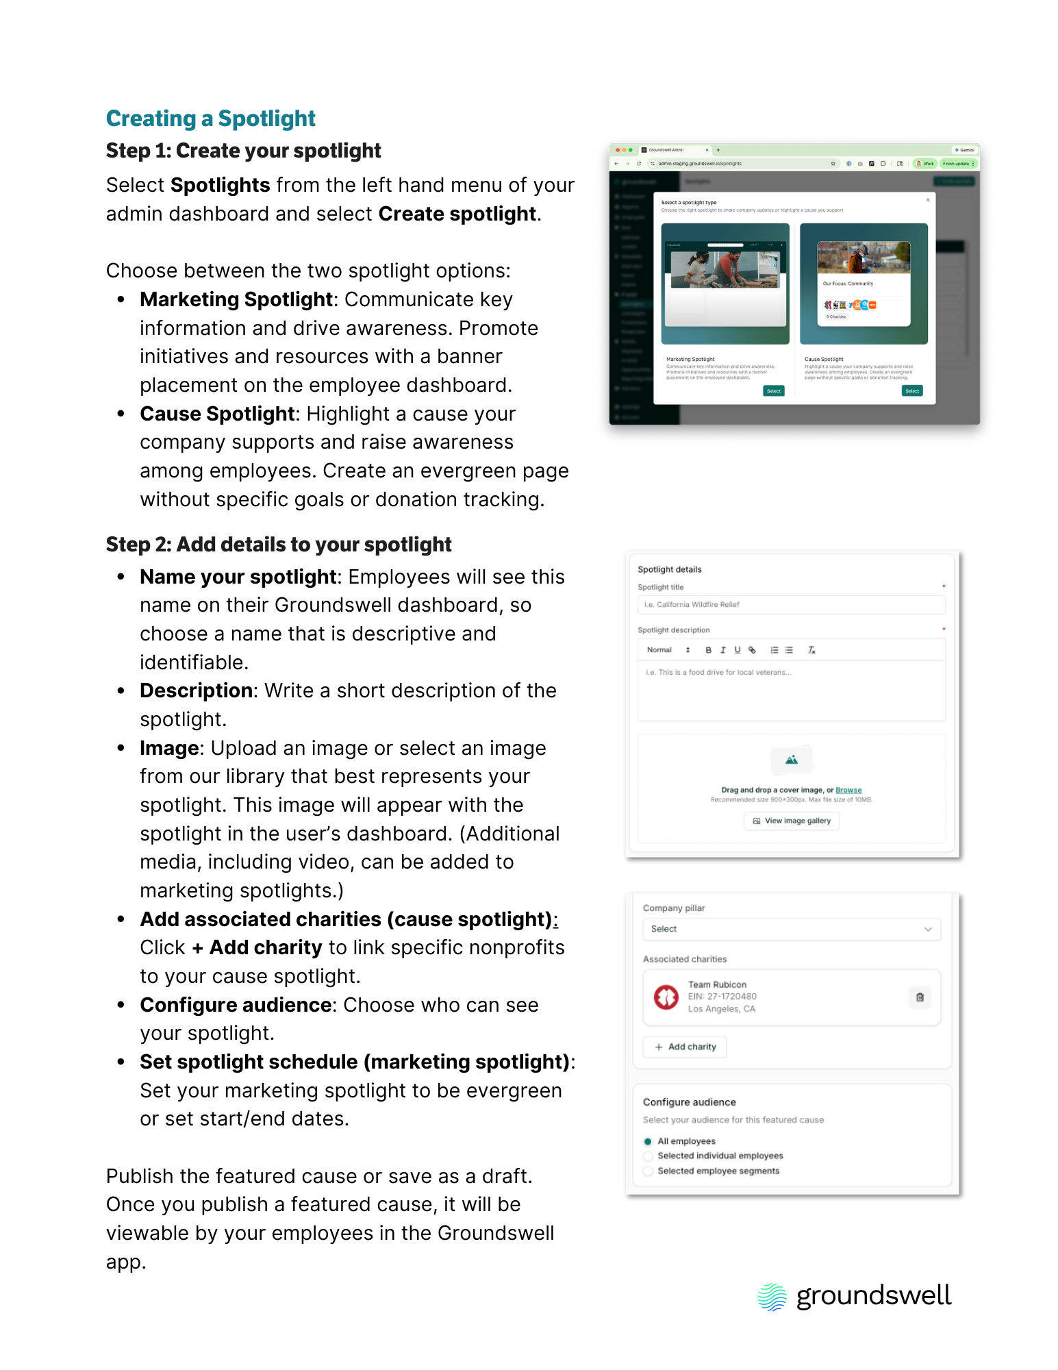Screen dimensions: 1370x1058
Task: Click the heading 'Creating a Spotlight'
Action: (210, 119)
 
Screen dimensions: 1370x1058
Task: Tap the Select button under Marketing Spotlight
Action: (773, 391)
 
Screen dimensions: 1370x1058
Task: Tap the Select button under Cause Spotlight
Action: (912, 391)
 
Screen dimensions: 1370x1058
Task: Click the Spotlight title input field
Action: (791, 605)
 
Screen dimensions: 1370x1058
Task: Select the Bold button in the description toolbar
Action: (708, 650)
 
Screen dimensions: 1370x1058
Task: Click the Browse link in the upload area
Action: (848, 790)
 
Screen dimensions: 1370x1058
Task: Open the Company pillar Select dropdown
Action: (791, 930)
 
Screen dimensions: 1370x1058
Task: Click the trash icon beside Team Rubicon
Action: (920, 997)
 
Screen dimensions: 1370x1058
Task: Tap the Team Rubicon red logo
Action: (666, 997)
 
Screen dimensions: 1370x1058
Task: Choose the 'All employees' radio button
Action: (648, 1142)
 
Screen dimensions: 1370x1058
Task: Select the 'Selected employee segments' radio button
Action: (648, 1171)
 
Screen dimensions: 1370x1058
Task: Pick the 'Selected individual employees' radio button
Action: (648, 1156)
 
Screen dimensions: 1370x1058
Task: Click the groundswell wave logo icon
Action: (772, 1297)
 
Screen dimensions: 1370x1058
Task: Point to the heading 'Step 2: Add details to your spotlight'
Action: (279, 545)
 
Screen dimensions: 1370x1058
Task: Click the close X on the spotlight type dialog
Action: (928, 200)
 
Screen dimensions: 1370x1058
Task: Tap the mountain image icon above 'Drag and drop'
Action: (791, 760)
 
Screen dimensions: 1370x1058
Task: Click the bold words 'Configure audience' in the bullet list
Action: (236, 1005)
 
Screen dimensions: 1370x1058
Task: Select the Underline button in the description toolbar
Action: (738, 650)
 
